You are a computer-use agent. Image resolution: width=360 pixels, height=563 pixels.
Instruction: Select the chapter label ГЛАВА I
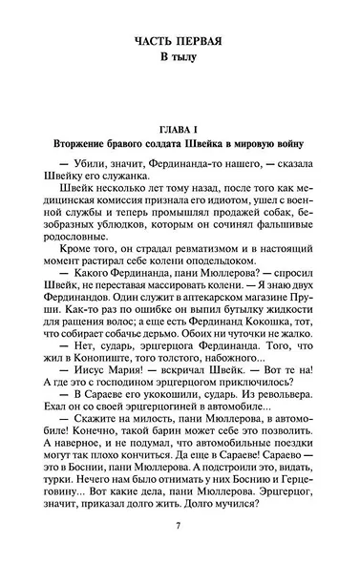click(178, 128)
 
